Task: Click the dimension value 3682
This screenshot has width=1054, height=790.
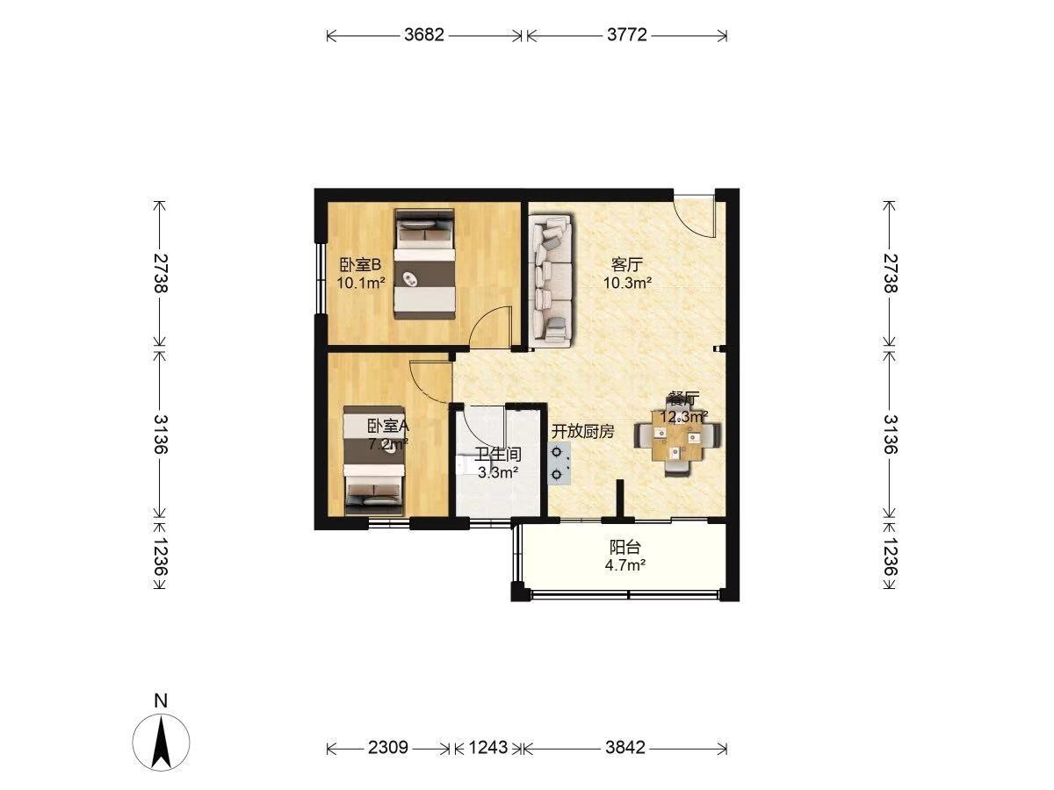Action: click(x=424, y=35)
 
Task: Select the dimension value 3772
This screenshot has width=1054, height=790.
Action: click(x=627, y=35)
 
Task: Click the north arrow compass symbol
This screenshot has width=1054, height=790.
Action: click(x=162, y=743)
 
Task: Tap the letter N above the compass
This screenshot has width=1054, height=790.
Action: click(x=162, y=701)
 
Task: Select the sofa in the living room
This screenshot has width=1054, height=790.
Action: click(x=552, y=281)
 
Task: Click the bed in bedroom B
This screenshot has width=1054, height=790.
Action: click(x=424, y=264)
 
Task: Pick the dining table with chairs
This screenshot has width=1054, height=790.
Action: click(x=677, y=442)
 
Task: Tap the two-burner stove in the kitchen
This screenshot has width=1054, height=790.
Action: click(x=559, y=463)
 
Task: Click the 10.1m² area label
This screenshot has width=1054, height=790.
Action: click(x=361, y=283)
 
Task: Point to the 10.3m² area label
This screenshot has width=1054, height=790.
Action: click(x=627, y=283)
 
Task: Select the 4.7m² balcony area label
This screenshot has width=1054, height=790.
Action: click(x=624, y=565)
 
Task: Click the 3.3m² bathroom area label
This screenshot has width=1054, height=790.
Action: click(x=498, y=472)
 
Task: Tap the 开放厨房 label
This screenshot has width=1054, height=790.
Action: click(x=582, y=432)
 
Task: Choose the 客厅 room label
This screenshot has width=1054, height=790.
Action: click(x=626, y=264)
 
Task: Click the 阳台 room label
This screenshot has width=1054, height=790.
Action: click(x=624, y=547)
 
